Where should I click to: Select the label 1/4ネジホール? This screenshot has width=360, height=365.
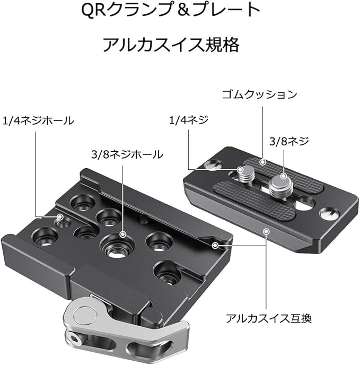click(x=39, y=121)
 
